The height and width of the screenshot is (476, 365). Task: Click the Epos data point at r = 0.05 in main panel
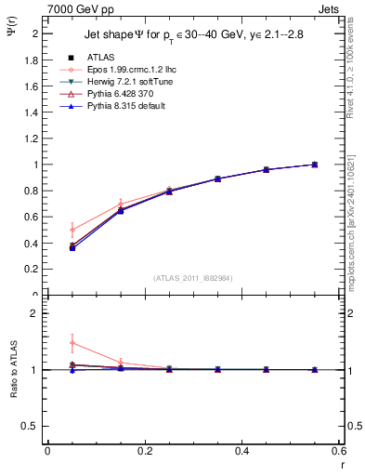72,230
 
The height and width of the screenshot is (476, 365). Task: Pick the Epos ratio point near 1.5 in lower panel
72,343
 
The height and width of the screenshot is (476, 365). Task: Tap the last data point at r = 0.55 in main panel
315,165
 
